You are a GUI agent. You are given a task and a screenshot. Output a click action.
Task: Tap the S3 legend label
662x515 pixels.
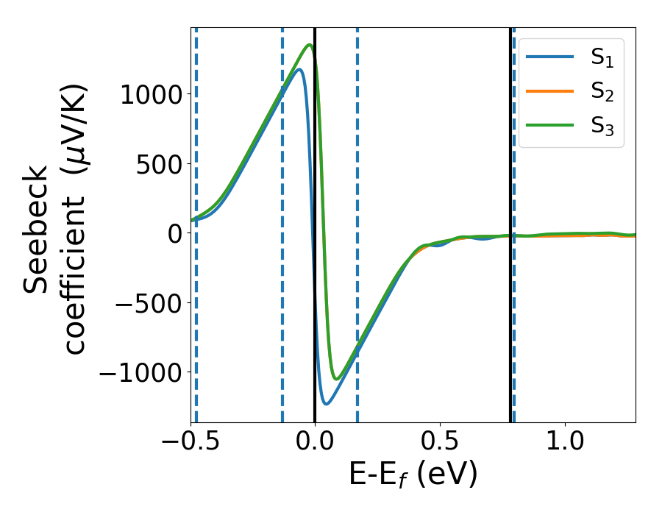(602, 126)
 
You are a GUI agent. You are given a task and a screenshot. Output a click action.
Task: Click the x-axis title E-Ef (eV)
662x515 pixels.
(413, 475)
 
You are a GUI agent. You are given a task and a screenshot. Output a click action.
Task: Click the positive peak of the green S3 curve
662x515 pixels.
(310, 46)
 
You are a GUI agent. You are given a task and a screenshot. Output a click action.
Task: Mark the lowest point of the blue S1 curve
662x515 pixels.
(327, 404)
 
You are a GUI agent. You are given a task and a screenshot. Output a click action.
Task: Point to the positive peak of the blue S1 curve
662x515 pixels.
(299, 70)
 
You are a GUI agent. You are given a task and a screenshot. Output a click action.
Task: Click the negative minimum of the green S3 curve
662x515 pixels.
(337, 379)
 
